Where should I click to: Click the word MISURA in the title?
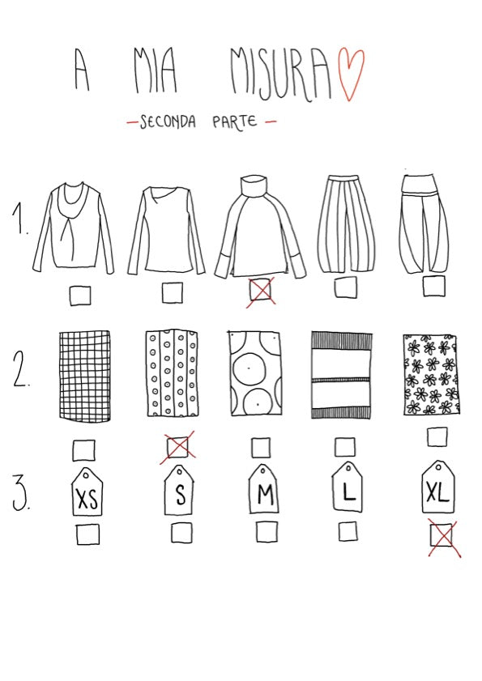[x=280, y=74]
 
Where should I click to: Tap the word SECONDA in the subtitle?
[x=168, y=121]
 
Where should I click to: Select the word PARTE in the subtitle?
[x=234, y=121]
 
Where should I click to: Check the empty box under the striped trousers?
[x=346, y=287]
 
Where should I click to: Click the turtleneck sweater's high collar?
[x=254, y=187]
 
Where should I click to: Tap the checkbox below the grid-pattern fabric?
[x=84, y=450]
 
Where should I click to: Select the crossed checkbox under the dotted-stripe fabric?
[x=177, y=447]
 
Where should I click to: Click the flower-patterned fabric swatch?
[x=431, y=374]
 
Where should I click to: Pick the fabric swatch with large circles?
[x=255, y=374]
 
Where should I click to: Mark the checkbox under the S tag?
[x=181, y=533]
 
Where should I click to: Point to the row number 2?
[x=20, y=368]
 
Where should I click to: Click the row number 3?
[x=20, y=493]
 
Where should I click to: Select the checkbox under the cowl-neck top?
[x=80, y=296]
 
